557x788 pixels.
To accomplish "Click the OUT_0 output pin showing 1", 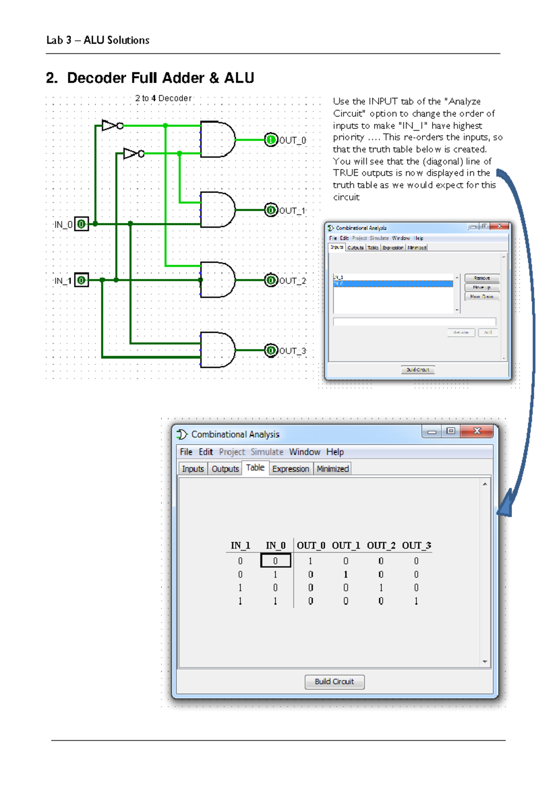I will tap(271, 140).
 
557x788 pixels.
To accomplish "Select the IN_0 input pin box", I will tap(82, 225).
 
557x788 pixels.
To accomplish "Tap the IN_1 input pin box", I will tap(82, 280).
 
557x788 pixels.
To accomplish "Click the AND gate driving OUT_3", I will tap(217, 350).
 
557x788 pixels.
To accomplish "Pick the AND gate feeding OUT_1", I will tap(217, 209).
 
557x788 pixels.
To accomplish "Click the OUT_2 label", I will tap(292, 281).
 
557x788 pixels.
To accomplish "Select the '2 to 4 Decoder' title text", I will tap(163, 98).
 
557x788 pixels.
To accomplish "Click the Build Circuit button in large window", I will tap(334, 681).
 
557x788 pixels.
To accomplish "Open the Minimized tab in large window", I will tap(332, 469).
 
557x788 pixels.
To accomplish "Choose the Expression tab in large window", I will tap(291, 469).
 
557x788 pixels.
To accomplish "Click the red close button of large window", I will tap(477, 431).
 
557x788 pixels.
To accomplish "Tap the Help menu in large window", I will tap(335, 452).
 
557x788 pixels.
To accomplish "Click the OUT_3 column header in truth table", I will tap(416, 545).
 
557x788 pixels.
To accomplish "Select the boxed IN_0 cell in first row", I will tap(276, 561).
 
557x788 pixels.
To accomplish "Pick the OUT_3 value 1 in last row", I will tap(416, 601).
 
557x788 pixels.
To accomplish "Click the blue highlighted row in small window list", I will tap(393, 284).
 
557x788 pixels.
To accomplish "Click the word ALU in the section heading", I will tap(239, 78).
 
